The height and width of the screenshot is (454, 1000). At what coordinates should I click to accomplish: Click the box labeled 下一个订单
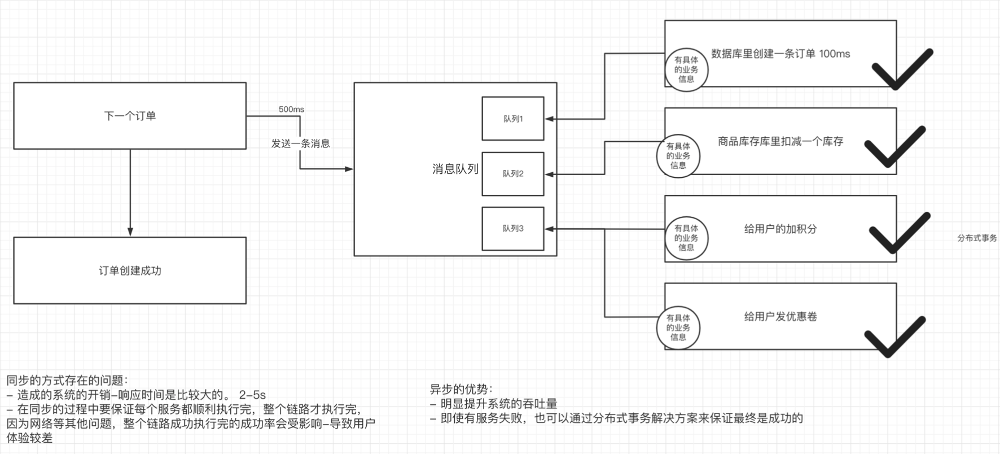coord(130,116)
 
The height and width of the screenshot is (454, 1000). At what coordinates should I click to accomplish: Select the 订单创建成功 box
coord(130,270)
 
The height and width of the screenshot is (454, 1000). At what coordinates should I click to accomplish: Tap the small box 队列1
coord(512,119)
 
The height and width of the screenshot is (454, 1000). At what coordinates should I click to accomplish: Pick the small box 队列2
coord(512,173)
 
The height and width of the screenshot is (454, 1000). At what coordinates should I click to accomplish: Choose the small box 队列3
coord(512,228)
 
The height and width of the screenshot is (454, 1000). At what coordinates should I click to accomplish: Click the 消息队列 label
coord(455,169)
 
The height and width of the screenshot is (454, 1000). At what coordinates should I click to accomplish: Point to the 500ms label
coord(291,109)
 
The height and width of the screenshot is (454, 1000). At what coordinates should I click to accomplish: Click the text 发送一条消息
coord(300,143)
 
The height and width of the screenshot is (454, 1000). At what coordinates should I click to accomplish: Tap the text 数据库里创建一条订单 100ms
coord(780,54)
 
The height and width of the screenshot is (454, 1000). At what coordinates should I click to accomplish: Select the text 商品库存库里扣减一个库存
coord(780,141)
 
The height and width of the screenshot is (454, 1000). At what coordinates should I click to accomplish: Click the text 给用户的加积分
coord(780,229)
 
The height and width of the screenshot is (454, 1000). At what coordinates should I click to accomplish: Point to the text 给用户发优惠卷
coord(780,316)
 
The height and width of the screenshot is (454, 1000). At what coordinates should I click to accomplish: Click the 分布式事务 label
coord(977,238)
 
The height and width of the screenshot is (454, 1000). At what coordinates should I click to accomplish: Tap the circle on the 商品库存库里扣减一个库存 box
coord(678,156)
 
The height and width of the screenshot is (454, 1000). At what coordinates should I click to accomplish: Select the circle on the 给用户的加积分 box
coord(686,238)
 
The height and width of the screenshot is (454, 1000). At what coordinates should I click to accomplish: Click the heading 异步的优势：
coord(461,389)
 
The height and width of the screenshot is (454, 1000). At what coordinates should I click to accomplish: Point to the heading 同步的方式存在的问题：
coord(67,380)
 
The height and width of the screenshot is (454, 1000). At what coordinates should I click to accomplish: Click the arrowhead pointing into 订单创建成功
coord(130,232)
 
